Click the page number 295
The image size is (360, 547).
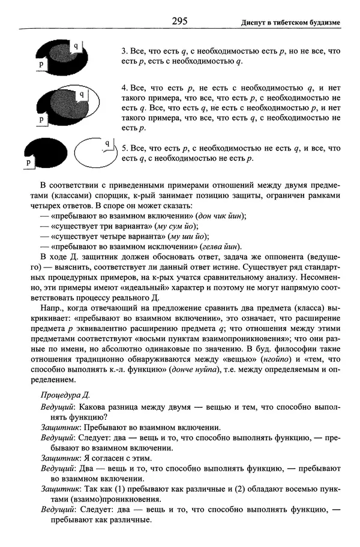point(179,21)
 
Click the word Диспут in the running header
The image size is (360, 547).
point(256,22)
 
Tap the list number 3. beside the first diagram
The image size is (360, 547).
point(124,52)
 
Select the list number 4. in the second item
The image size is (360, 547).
point(124,87)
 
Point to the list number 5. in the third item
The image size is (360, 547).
point(124,148)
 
